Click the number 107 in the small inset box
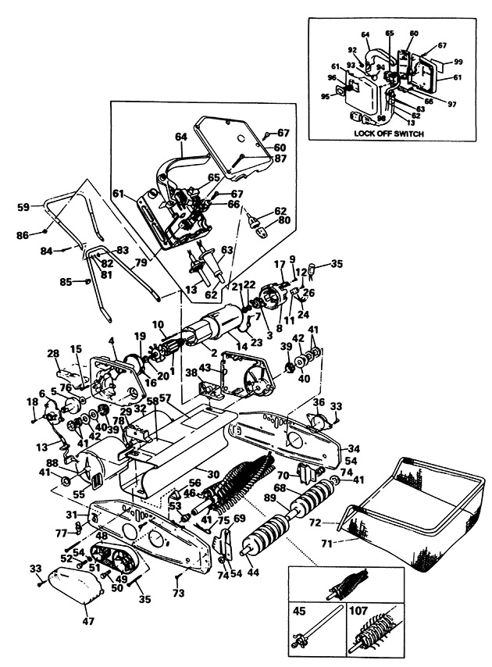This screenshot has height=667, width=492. [361, 613]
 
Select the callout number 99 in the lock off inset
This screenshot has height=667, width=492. [458, 61]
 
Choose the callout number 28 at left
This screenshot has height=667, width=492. [52, 355]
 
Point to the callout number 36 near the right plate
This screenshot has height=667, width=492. [319, 402]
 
